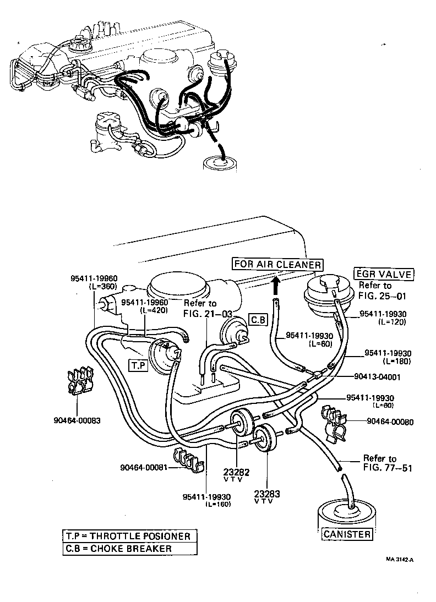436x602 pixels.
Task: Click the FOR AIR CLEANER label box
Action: (x=277, y=264)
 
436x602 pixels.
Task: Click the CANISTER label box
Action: (x=347, y=534)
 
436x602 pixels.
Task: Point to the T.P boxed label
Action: (x=137, y=365)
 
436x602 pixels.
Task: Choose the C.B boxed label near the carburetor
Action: (x=258, y=320)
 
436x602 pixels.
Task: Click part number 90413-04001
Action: (x=377, y=377)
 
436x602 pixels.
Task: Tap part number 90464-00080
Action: (x=390, y=422)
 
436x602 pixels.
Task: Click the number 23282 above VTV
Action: (x=237, y=472)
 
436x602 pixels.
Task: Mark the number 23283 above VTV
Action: (x=268, y=494)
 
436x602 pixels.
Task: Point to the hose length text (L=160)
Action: (x=218, y=504)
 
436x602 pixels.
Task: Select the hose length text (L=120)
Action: (x=392, y=322)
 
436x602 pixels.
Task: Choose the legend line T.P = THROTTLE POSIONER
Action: (x=128, y=536)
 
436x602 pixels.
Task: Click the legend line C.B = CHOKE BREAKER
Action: (x=118, y=548)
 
